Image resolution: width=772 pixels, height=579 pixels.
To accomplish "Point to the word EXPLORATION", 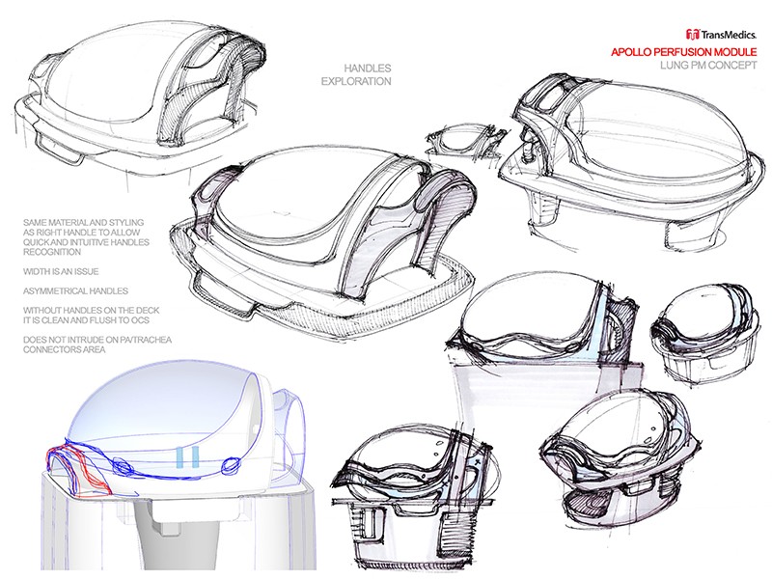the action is pyautogui.click(x=356, y=82).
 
